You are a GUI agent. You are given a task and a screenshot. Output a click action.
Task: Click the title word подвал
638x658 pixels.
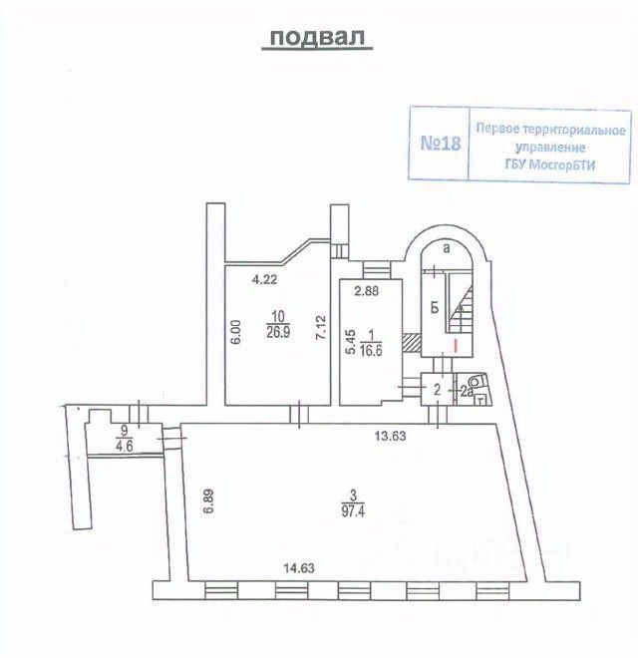coord(315,37)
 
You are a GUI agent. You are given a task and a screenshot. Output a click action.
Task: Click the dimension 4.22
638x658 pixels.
coord(264,280)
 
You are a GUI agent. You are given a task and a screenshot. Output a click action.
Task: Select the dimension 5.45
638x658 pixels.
coord(350,342)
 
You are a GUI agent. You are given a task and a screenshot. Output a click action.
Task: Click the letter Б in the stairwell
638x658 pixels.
coord(435,308)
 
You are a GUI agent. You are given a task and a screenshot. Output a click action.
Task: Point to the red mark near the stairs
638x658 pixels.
coord(456,345)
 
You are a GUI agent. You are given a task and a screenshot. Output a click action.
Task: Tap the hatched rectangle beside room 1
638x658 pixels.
coord(410,341)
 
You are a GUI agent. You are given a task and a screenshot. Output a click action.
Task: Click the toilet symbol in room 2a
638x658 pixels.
coord(476,381)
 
